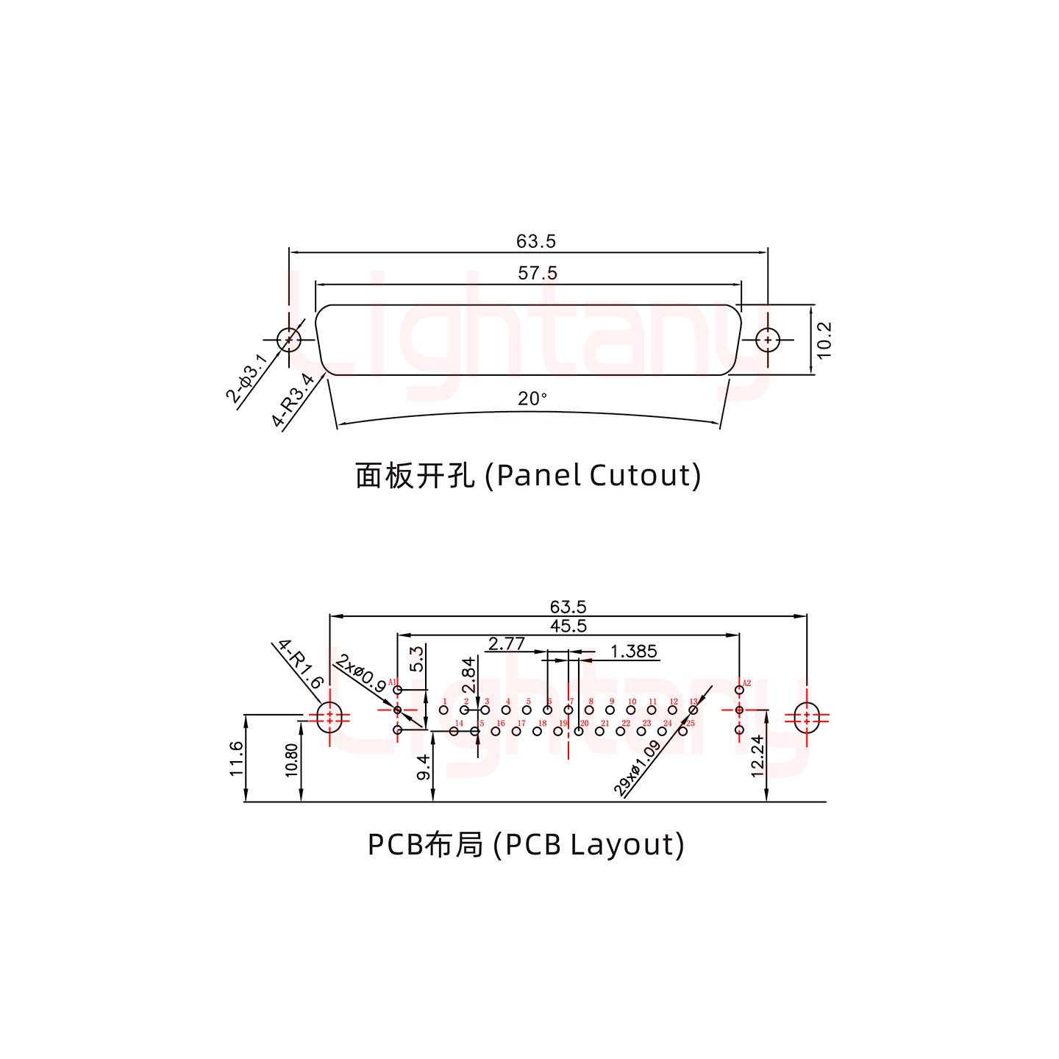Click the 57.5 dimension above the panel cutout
point(538,274)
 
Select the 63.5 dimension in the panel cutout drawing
point(536,241)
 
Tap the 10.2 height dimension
point(824,340)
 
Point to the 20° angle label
point(532,399)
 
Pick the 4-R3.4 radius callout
point(293,401)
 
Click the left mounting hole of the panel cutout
point(289,340)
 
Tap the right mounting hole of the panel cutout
point(768,340)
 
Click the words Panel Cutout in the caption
point(598,475)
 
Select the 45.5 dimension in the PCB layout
point(568,626)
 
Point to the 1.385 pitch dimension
point(633,652)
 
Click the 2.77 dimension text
point(506,644)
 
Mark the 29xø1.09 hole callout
point(637,769)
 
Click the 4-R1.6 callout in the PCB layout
point(301,664)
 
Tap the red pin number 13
point(693,702)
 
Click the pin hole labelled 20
point(579,731)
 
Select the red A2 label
point(746,683)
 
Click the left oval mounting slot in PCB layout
point(329,717)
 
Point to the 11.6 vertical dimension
point(236,758)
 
